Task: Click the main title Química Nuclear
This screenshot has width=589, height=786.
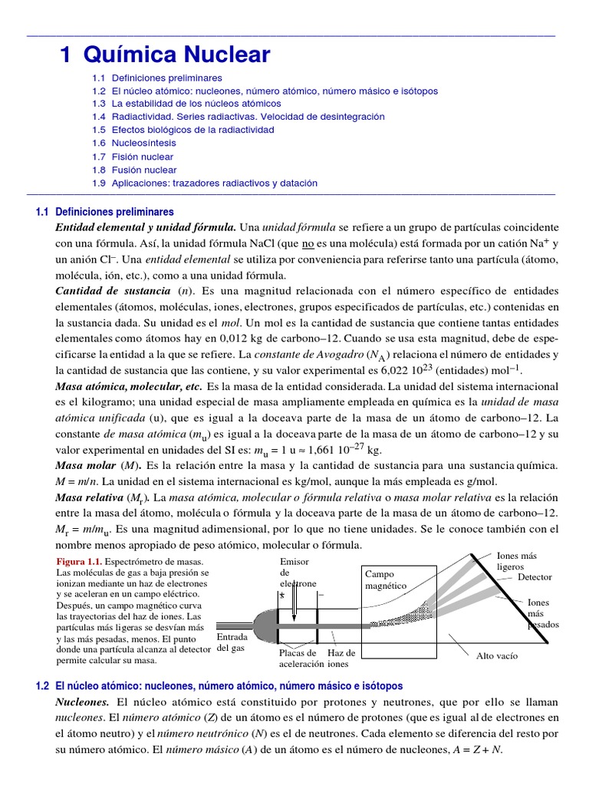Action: click(x=165, y=54)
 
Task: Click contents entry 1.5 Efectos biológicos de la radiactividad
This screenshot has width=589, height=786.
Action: click(x=183, y=130)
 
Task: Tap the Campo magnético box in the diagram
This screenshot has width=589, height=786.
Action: click(x=386, y=580)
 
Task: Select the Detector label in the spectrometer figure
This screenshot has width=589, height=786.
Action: click(x=535, y=577)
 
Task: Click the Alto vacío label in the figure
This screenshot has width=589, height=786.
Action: click(x=497, y=656)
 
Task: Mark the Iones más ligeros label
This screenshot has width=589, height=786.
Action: click(x=517, y=560)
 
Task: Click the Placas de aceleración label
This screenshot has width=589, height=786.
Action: click(x=301, y=658)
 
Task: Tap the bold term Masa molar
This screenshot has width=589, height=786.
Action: click(x=83, y=467)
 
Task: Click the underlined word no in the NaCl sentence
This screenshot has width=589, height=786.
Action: click(x=308, y=244)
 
